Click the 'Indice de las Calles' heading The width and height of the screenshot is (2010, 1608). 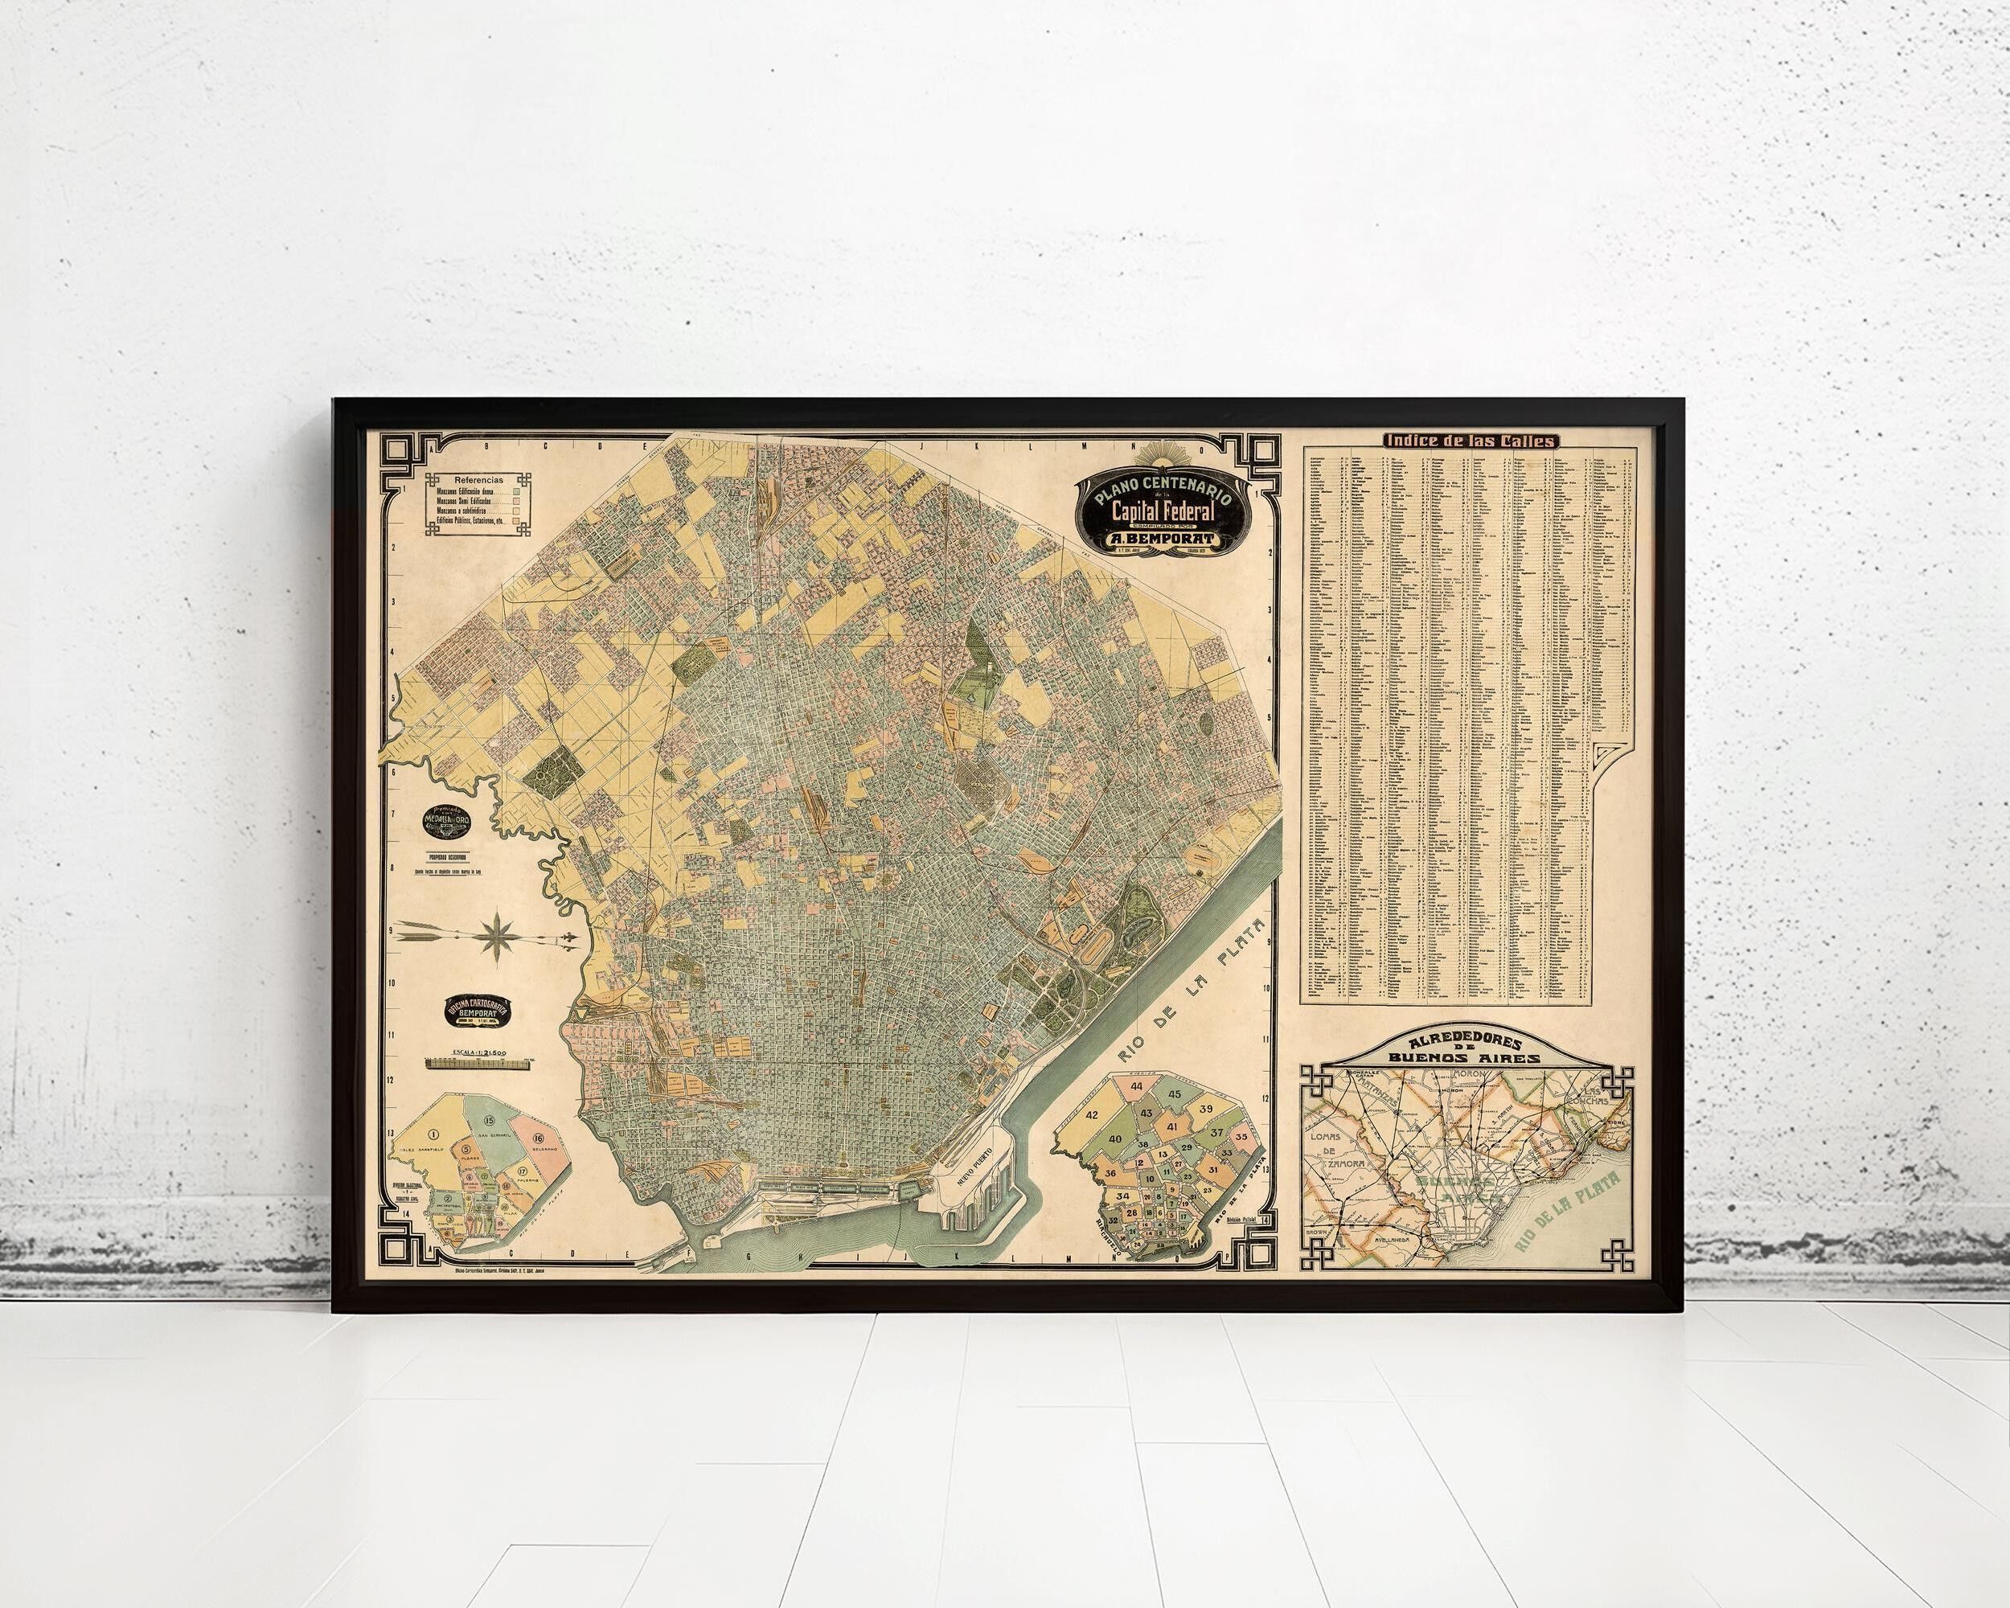tap(1469, 441)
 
